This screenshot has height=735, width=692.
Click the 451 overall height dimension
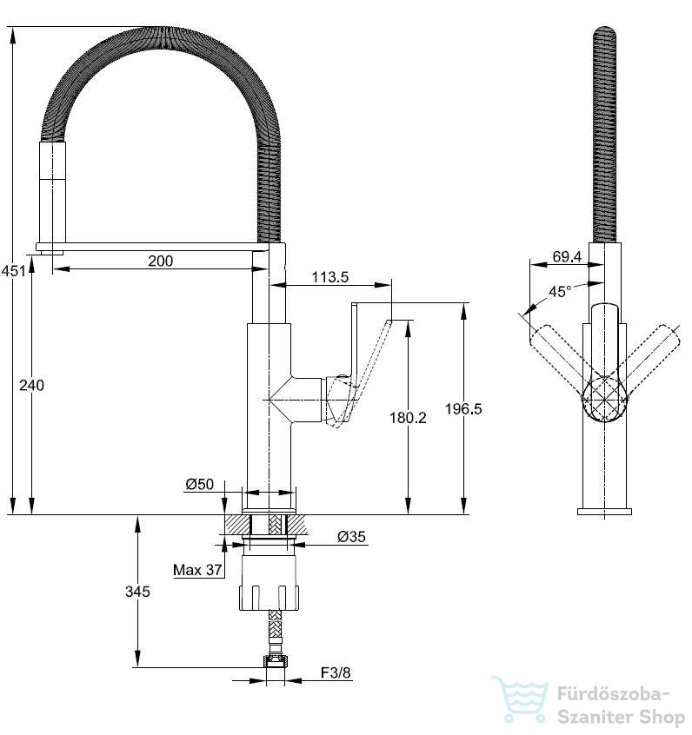[13, 271]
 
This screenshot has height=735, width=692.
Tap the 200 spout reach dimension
[161, 261]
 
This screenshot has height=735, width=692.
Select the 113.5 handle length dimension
[330, 277]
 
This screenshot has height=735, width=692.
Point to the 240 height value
[31, 386]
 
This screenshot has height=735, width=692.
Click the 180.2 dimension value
[408, 418]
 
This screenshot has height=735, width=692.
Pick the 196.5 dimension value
[463, 408]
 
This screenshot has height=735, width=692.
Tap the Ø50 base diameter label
[199, 484]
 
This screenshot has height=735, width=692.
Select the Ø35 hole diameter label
[351, 536]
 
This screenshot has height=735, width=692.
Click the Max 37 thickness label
[197, 570]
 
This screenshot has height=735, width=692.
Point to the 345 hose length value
[137, 592]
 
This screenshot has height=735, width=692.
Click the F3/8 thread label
[336, 672]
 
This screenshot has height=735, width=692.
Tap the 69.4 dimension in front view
[567, 256]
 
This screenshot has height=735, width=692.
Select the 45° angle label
[560, 292]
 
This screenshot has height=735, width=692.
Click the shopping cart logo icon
[520, 699]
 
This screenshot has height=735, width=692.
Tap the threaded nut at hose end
[276, 661]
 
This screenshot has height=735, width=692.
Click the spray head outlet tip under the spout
[51, 253]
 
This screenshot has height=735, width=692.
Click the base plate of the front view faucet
[604, 512]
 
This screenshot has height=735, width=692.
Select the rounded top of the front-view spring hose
[604, 31]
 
